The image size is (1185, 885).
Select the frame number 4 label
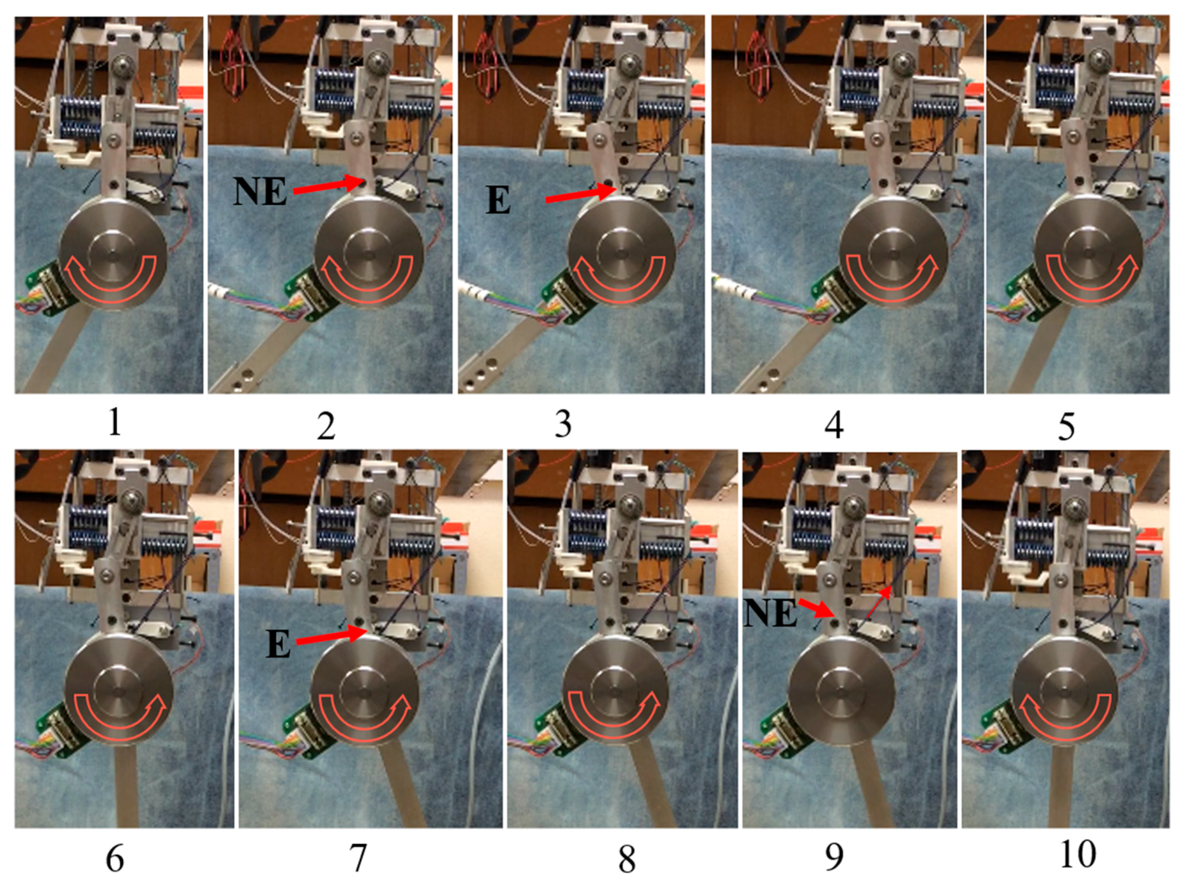click(x=835, y=426)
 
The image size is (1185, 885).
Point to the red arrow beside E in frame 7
click(x=331, y=636)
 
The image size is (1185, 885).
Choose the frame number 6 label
click(x=115, y=858)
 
